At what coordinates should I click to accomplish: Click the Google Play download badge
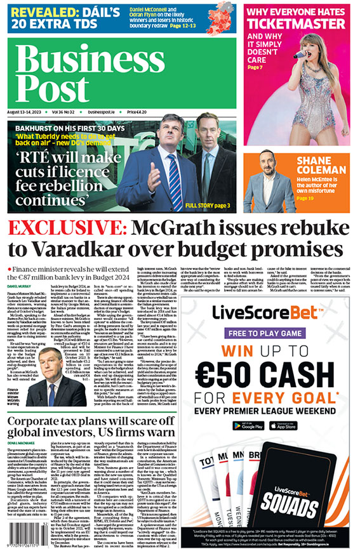point(244,425)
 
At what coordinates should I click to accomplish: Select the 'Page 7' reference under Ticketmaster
point(255,67)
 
